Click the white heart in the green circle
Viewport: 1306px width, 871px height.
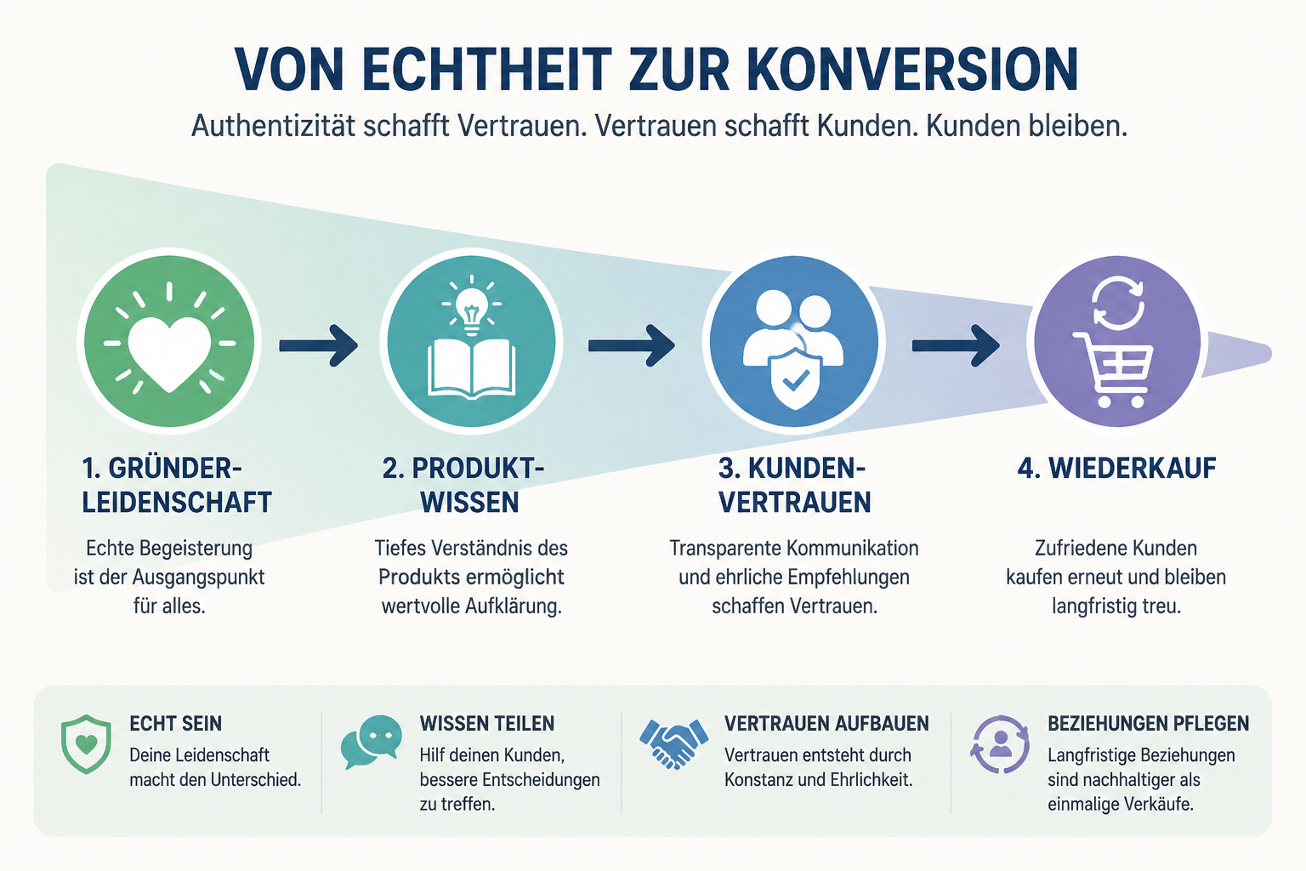169,354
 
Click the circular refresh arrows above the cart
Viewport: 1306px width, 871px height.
1118,303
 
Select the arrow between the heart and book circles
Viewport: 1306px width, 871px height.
318,346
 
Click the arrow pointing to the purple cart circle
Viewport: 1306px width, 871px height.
955,346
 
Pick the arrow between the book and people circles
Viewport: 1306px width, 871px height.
632,346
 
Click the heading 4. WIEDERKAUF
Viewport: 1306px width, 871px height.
1116,468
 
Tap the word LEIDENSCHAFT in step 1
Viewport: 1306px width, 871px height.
177,503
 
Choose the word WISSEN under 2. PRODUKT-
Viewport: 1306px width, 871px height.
470,503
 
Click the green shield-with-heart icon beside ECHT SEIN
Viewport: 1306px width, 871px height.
86,744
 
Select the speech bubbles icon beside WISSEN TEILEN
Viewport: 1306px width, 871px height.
372,742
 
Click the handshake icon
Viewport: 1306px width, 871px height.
673,743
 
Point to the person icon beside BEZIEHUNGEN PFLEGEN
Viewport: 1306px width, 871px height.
1000,744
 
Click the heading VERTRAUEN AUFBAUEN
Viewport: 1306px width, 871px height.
826,723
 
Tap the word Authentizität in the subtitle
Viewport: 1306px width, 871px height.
274,126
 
